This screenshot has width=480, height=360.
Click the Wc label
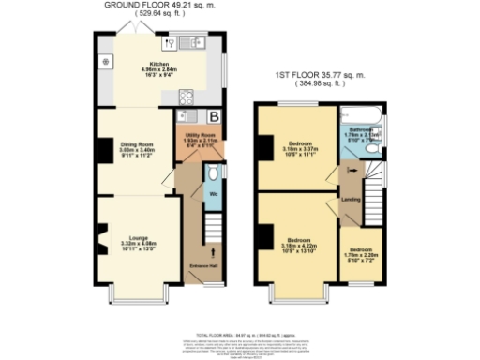coord(214,195)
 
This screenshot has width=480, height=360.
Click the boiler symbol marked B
coord(215,117)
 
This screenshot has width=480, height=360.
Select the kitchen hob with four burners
coord(186,95)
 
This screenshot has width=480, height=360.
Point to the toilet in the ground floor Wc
coord(214,174)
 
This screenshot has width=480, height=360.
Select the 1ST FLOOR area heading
coord(319,75)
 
